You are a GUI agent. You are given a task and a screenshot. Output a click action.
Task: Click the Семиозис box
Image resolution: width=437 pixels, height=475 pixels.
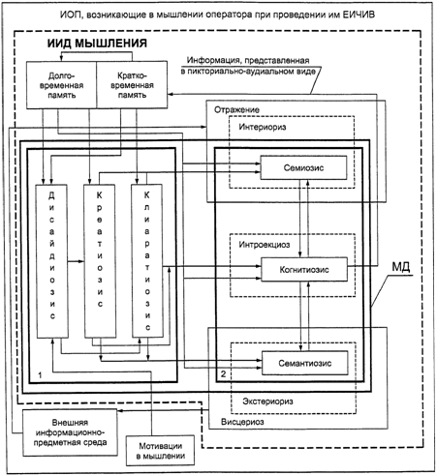[303, 167]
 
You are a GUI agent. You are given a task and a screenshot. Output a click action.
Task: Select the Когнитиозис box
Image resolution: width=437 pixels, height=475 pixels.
[304, 269]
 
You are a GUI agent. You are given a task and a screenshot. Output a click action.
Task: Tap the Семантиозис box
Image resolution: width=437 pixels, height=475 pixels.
[305, 363]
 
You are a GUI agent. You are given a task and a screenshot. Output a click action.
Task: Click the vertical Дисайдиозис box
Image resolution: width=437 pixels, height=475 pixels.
[52, 261]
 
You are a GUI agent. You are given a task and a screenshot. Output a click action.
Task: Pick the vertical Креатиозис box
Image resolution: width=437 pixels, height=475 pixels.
[100, 261]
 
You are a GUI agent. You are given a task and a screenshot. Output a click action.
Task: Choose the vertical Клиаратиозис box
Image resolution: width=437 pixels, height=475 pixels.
[147, 261]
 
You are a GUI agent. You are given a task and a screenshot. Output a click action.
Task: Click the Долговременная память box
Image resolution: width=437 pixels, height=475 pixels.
[61, 85]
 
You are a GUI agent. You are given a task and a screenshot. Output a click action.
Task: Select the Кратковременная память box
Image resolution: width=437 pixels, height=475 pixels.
[132, 85]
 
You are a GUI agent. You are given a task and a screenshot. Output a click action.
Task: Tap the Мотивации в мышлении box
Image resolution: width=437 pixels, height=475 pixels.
[161, 451]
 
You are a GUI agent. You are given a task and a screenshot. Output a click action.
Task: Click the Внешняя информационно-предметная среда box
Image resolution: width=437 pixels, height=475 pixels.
[70, 432]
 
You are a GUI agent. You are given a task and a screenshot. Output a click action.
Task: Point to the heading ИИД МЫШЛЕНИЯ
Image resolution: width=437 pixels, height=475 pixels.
[97, 44]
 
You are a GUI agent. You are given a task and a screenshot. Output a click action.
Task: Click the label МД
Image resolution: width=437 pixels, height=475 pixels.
[401, 267]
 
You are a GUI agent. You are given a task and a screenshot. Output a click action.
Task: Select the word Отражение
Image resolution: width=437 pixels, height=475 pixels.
[236, 109]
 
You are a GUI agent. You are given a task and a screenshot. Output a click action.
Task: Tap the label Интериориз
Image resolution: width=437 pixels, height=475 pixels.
[263, 127]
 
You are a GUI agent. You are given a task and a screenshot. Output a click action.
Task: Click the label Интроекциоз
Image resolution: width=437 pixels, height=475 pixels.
[265, 245]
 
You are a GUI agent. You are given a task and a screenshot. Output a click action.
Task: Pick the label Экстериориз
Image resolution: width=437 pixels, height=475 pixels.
[268, 401]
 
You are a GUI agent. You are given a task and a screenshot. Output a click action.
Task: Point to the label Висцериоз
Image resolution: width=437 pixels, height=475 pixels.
[242, 422]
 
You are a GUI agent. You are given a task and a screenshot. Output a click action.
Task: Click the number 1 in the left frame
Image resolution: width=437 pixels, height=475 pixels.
[40, 375]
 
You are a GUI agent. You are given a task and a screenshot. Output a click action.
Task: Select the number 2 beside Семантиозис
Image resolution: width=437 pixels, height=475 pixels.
[223, 374]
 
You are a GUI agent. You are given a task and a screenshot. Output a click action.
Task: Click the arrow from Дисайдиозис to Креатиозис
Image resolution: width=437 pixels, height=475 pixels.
[76, 261]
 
